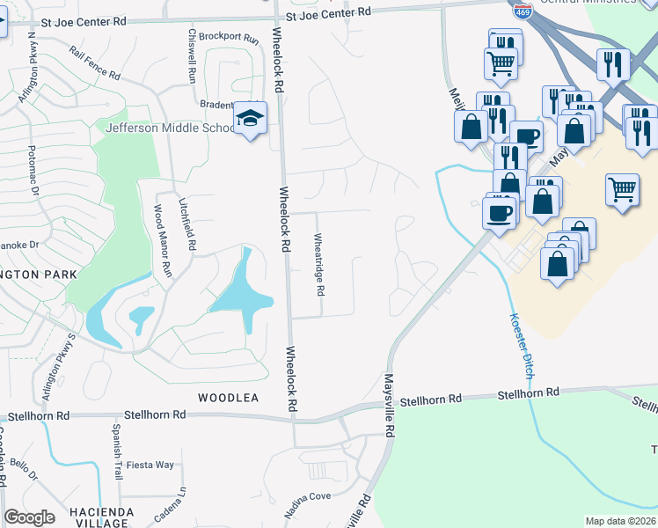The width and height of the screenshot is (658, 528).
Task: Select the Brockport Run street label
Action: [230, 40]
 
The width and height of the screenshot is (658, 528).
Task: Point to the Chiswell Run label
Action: [192, 56]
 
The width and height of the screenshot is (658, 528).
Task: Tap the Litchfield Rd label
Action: [185, 224]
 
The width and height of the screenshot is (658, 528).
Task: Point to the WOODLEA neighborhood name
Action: [228, 399]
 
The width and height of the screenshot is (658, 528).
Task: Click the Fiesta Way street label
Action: [150, 465]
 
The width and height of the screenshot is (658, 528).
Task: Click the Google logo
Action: [29, 517]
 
